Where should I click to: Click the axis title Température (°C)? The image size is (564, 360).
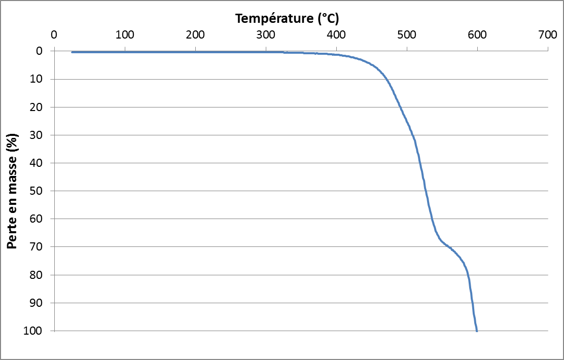point(287,19)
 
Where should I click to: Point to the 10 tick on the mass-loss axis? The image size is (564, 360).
point(43,79)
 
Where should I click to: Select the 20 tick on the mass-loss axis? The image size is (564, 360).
point(43,107)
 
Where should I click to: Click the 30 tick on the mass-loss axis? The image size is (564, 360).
point(43,135)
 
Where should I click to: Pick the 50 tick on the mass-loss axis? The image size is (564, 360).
point(43,191)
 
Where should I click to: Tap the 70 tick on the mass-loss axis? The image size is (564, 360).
point(43,247)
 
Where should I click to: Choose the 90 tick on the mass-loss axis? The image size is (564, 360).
point(43,303)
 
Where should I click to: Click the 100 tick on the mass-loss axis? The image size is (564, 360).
point(41,331)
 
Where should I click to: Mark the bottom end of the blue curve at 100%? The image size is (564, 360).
point(477,331)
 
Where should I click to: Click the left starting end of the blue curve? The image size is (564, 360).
point(72,52)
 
